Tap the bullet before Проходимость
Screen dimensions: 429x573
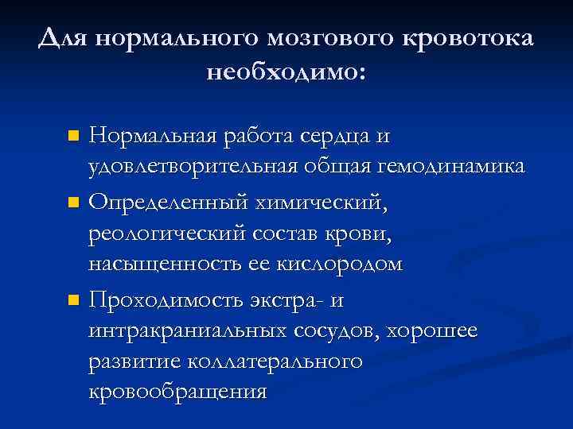point(73,301)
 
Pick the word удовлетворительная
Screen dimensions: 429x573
point(193,166)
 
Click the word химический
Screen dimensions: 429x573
point(320,203)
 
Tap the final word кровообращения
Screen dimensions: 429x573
point(177,392)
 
